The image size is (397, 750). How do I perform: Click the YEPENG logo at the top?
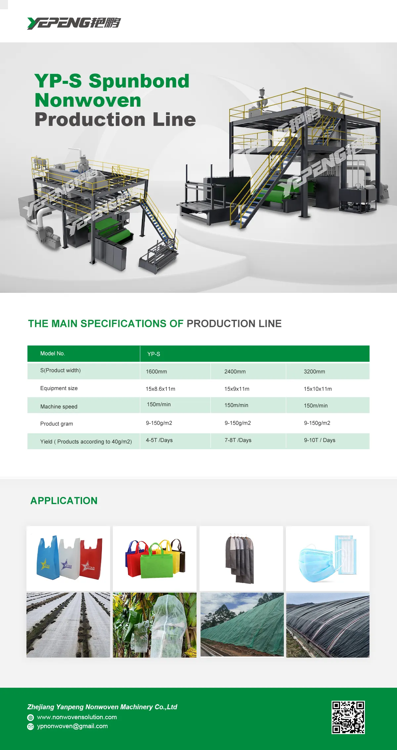74,23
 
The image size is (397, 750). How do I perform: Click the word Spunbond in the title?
139,81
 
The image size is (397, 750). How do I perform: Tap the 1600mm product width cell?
156,372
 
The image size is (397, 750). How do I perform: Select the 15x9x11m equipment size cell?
237,389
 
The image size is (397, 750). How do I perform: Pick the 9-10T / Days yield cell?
320,440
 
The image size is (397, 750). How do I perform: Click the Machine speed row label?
59,406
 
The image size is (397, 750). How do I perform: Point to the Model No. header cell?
53,354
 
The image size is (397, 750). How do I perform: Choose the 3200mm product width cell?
314,372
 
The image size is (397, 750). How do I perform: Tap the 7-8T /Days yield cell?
238,440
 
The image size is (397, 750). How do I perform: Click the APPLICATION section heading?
64,501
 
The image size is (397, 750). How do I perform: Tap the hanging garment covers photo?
241,558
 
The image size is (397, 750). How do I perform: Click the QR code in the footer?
348,717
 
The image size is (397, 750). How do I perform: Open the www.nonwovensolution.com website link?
77,717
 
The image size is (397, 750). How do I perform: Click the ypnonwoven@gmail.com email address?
72,726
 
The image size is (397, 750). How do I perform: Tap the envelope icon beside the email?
30,726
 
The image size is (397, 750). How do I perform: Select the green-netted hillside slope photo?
242,625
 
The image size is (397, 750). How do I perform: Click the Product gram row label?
57,424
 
